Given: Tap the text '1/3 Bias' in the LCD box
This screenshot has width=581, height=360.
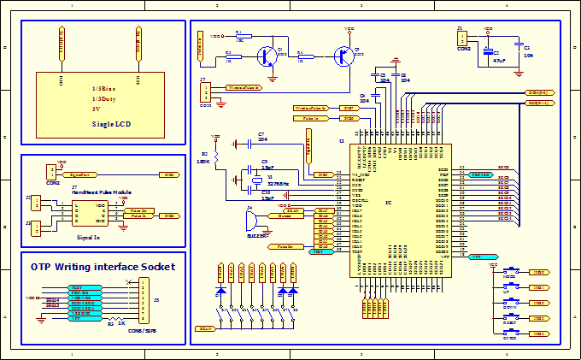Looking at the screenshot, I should pyautogui.click(x=109, y=89).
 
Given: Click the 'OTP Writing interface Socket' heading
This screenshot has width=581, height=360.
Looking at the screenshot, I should pyautogui.click(x=103, y=267).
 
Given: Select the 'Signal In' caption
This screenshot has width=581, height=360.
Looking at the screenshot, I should pyautogui.click(x=89, y=236).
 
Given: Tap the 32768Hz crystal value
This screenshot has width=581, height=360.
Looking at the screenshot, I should pyautogui.click(x=278, y=185).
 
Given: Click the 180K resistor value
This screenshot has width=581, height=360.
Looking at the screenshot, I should pyautogui.click(x=203, y=161).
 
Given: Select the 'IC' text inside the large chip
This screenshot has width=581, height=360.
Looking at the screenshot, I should pyautogui.click(x=389, y=203).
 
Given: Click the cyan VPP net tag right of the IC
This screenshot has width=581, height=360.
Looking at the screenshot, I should pyautogui.click(x=483, y=257).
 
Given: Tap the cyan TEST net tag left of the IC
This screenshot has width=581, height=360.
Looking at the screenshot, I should pyautogui.click(x=319, y=252).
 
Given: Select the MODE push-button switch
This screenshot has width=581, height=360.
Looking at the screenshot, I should pyautogui.click(x=511, y=271).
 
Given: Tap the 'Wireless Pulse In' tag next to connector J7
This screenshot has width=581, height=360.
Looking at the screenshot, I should pyautogui.click(x=245, y=87).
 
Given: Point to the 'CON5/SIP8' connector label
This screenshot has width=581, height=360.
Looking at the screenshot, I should pyautogui.click(x=137, y=329).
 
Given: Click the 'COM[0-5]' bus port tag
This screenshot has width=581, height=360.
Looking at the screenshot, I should pyautogui.click(x=538, y=91).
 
